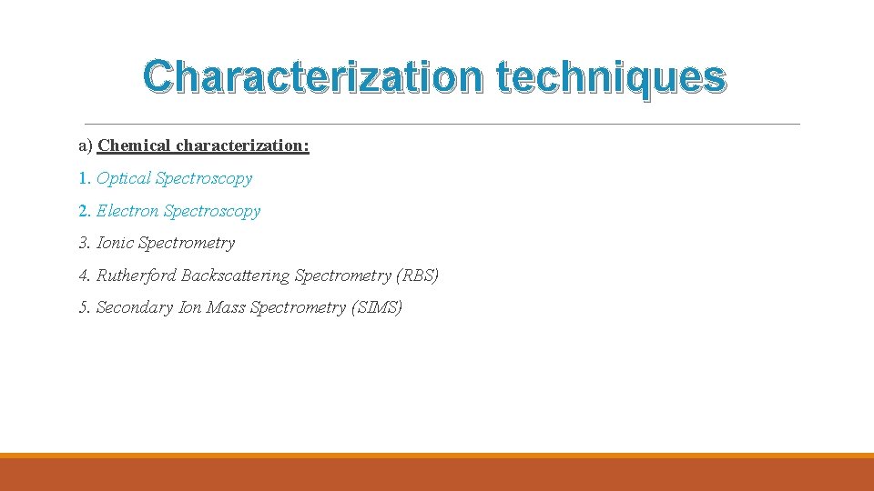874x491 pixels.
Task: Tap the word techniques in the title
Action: point(612,79)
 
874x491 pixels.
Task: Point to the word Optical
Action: point(124,178)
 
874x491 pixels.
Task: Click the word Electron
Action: point(128,211)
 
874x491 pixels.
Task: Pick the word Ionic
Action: point(115,243)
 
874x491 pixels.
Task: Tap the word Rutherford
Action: point(137,276)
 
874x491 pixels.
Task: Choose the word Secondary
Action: point(135,307)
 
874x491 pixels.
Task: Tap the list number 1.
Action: point(85,178)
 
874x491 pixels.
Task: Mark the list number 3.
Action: point(85,243)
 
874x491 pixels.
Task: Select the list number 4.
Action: point(85,276)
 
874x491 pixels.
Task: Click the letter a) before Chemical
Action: point(86,145)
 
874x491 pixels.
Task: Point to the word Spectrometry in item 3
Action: point(186,243)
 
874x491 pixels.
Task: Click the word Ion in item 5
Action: point(189,307)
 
